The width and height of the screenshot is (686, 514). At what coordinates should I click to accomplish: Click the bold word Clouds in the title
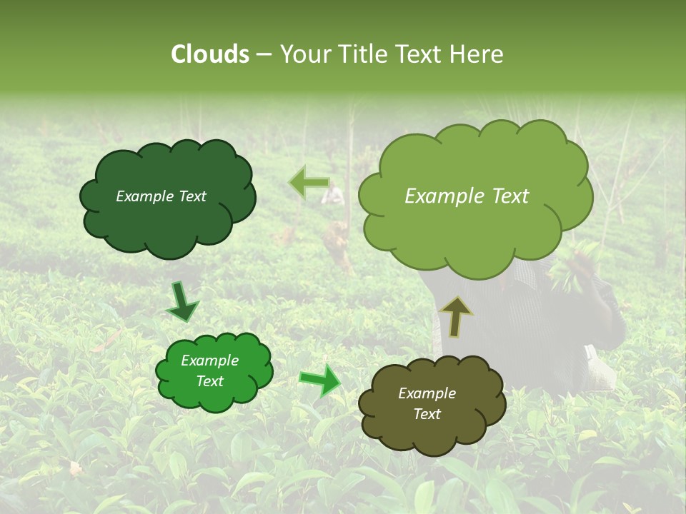click(x=210, y=54)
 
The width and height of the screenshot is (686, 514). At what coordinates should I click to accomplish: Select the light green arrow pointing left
click(x=309, y=183)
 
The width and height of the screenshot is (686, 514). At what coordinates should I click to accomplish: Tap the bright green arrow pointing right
click(x=319, y=381)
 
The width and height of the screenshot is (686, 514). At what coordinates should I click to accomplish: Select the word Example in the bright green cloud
click(x=209, y=361)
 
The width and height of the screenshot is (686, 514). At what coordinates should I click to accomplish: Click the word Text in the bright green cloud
click(x=209, y=381)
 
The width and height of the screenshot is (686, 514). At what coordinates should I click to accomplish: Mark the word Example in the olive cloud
click(x=427, y=393)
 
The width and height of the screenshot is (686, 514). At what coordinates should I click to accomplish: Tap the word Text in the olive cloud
click(x=427, y=414)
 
